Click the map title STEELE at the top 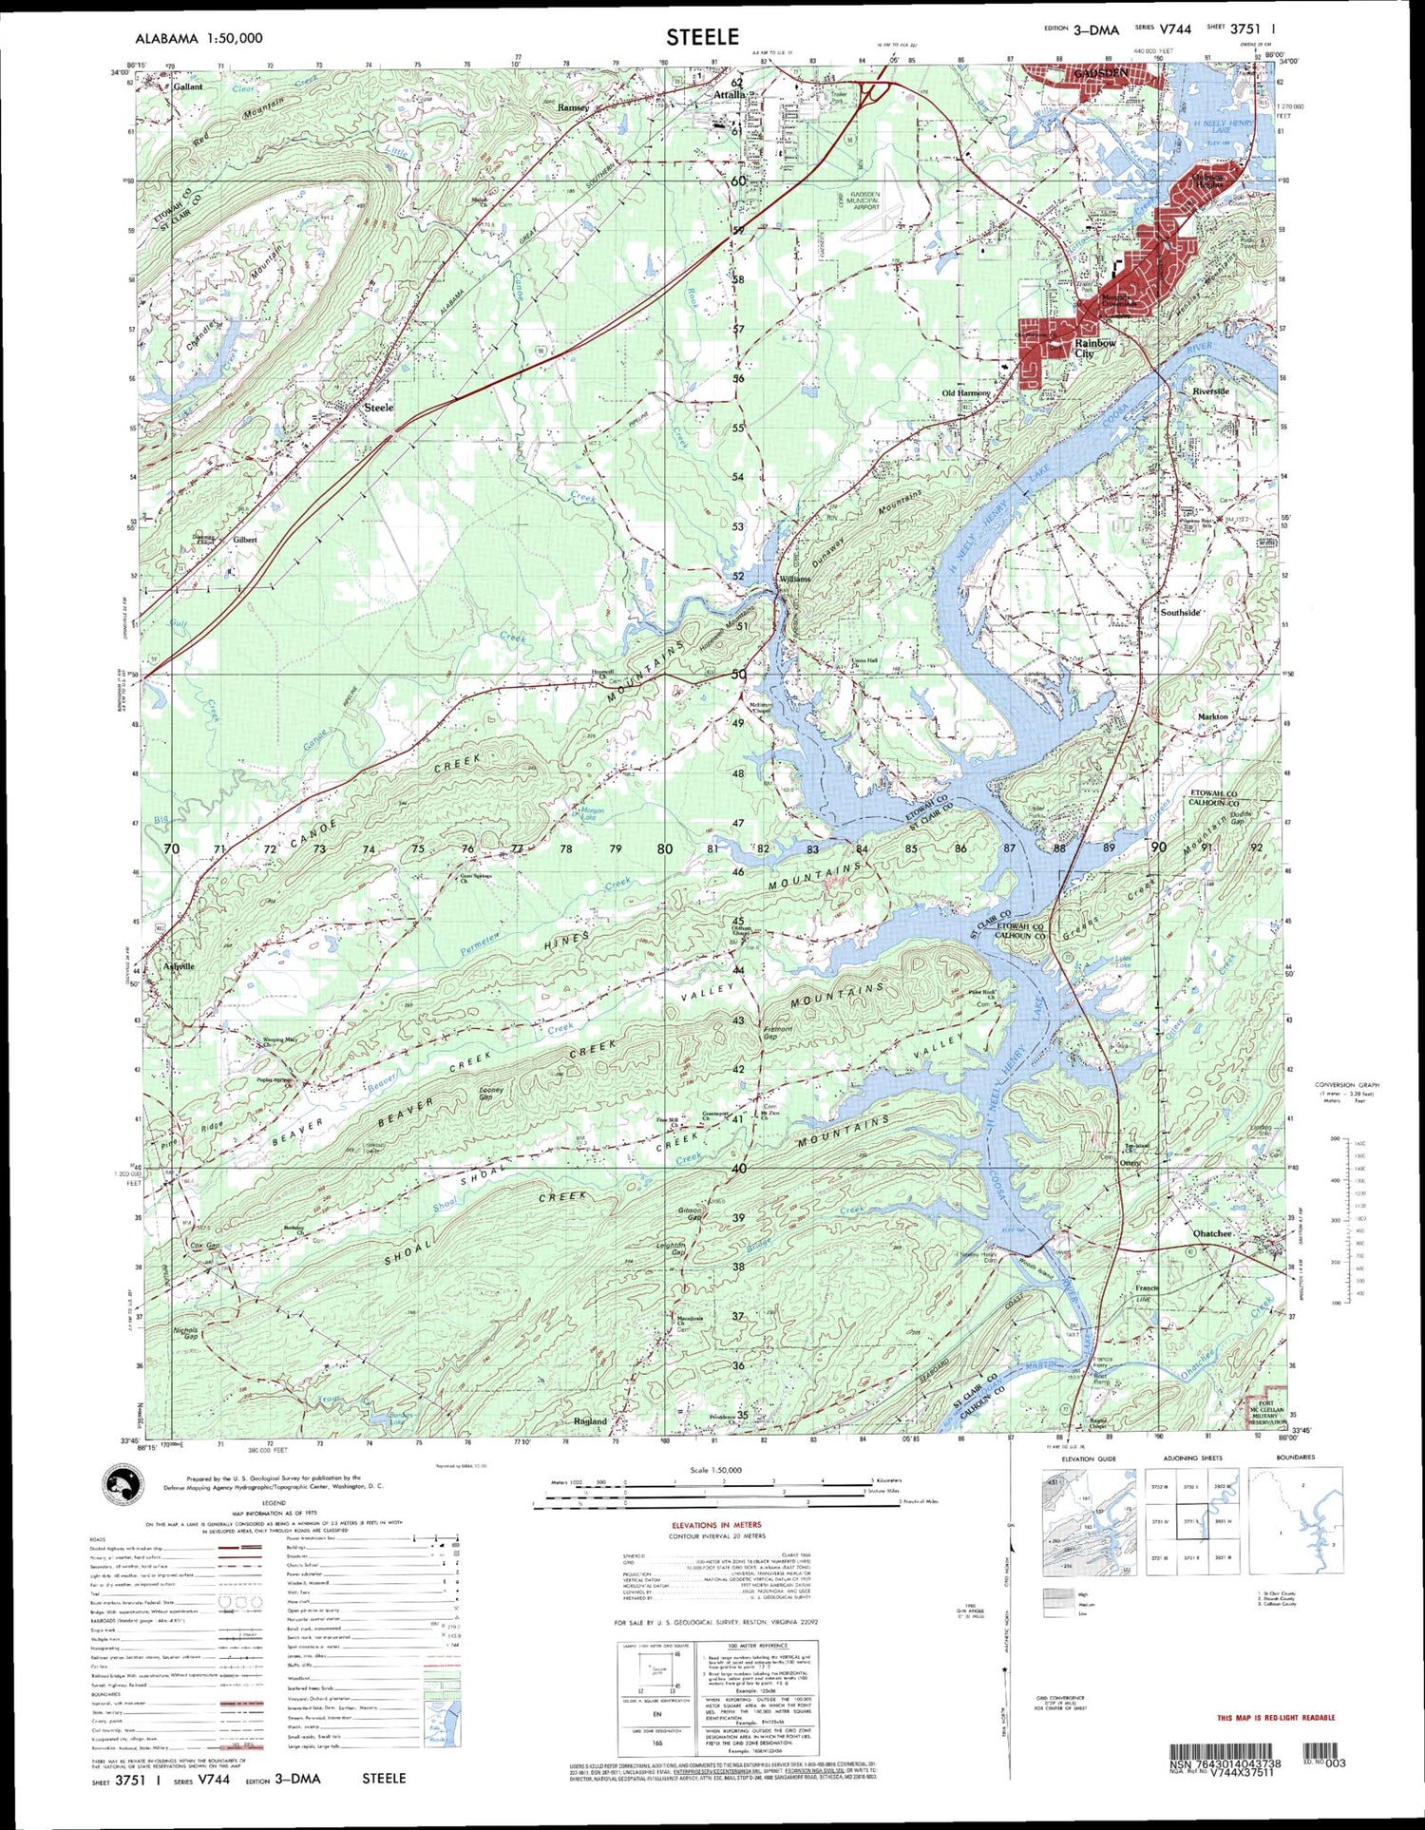[x=701, y=37]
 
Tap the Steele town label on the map [x=378, y=408]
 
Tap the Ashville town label [x=178, y=966]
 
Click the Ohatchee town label [x=1212, y=1233]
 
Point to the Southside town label [x=1181, y=613]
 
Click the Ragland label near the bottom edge [x=590, y=1421]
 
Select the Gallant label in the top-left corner [x=188, y=86]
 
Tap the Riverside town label [x=1210, y=391]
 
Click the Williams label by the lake [x=794, y=579]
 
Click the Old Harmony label [x=965, y=392]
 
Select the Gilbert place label [x=244, y=539]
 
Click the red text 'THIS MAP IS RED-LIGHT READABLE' [x=1275, y=1718]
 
